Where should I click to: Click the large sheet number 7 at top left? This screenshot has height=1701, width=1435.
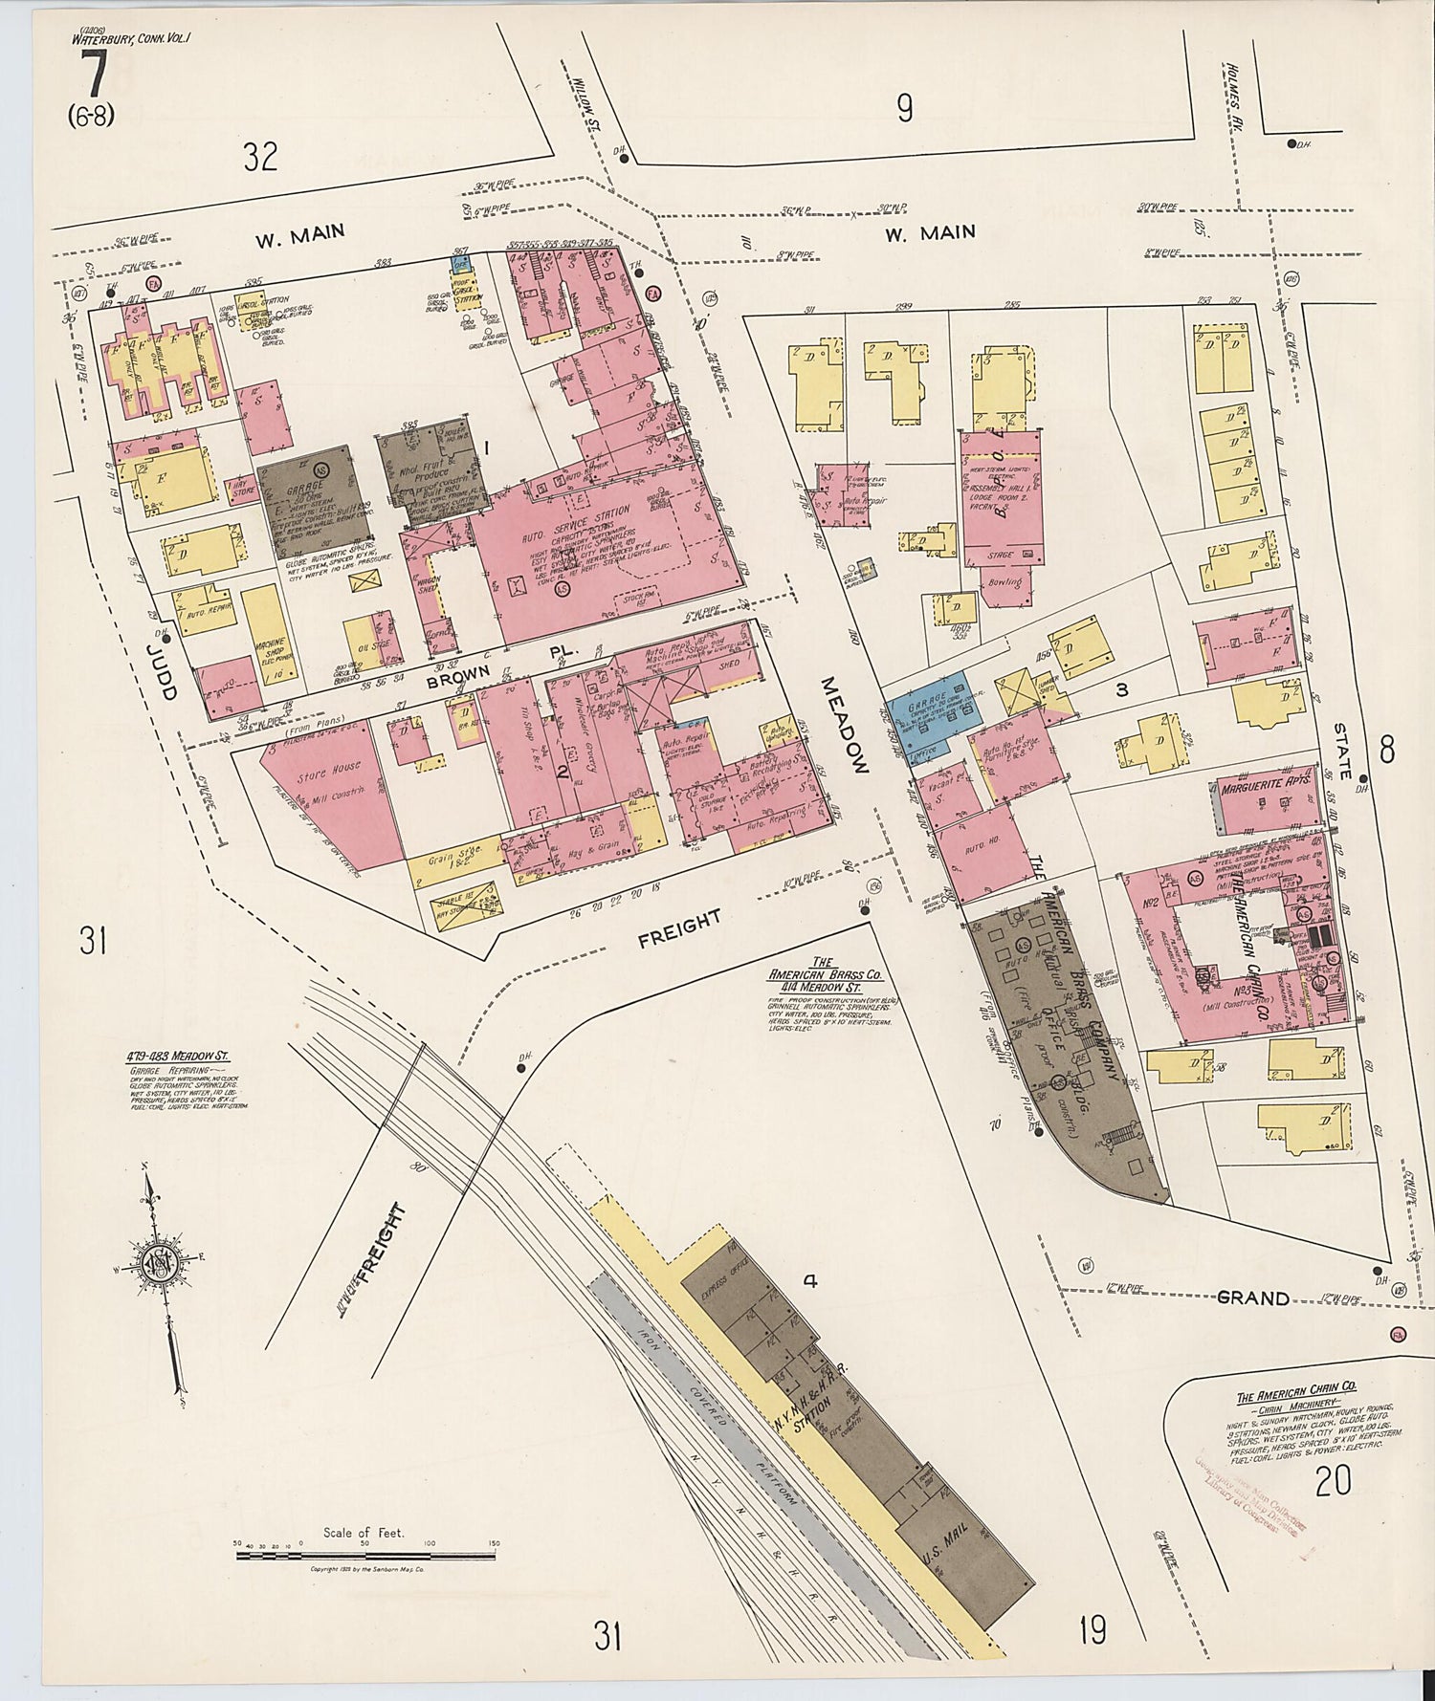point(93,76)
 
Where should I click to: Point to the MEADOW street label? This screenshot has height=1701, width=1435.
point(845,725)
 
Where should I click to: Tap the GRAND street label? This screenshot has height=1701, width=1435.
point(1252,1298)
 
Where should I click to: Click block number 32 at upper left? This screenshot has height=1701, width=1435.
point(259,156)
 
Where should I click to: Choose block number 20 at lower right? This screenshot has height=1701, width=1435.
point(1333,1482)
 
